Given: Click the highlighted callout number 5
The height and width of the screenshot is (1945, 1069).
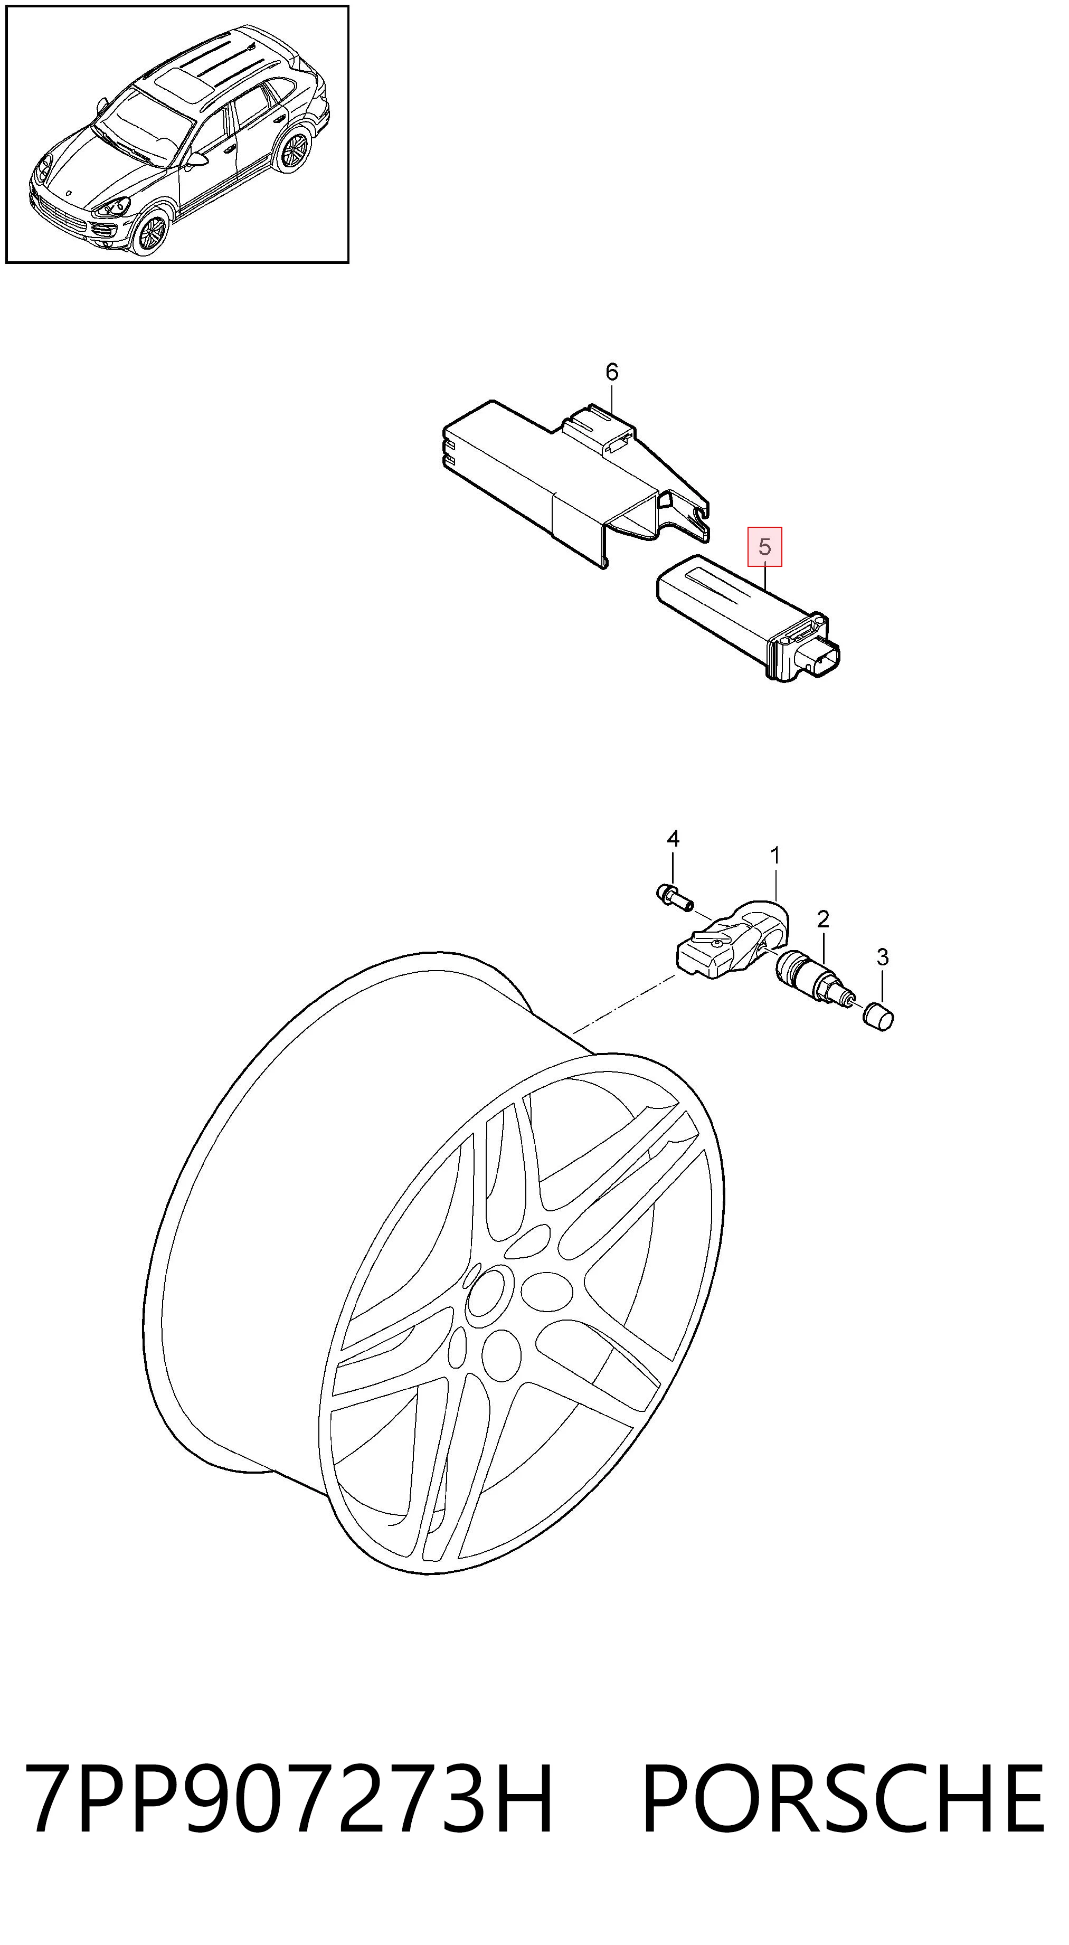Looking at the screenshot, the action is pos(765,547).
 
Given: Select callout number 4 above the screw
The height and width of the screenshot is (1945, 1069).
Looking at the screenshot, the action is pos(673,838).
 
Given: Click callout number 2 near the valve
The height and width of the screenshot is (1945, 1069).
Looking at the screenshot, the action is pos(823,919).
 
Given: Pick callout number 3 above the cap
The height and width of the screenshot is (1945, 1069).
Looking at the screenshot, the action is pos(883,957).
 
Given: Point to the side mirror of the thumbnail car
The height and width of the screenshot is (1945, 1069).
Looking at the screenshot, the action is pos(197,159).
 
